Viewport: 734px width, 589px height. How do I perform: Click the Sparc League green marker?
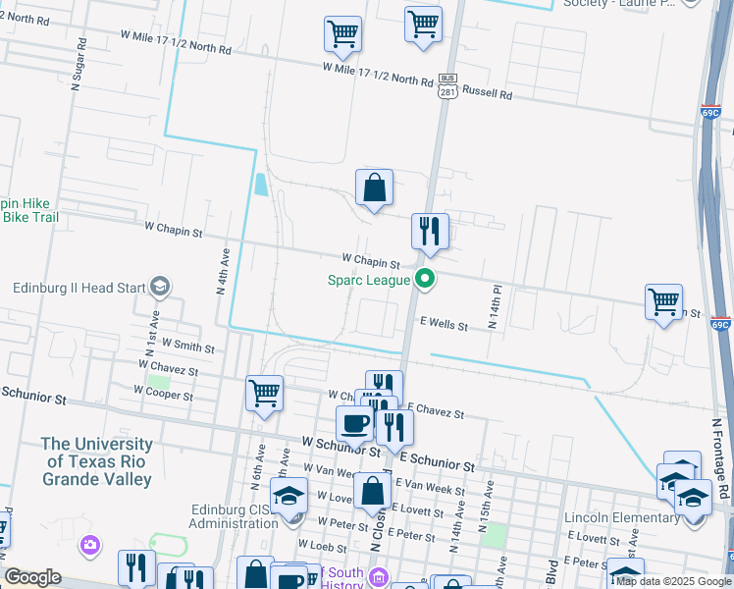[425, 280]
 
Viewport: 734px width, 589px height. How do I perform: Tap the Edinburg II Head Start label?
[78, 289]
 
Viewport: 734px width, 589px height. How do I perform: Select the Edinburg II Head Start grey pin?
[159, 288]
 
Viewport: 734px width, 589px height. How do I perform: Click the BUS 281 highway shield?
[447, 85]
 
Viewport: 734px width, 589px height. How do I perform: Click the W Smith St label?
[187, 346]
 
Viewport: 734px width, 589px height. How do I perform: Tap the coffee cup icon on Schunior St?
[354, 424]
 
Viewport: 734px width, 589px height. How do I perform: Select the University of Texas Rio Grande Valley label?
[96, 461]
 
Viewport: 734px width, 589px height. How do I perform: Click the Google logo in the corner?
[32, 577]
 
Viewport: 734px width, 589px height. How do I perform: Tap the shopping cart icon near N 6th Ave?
[264, 394]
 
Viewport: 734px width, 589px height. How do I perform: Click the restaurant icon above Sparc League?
[430, 232]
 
